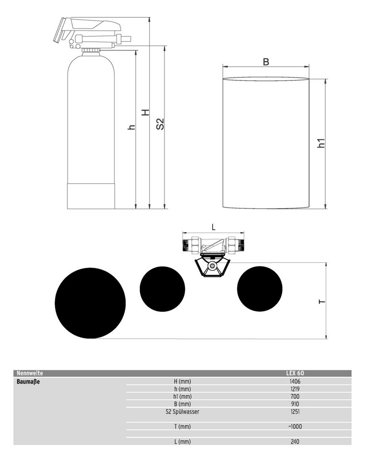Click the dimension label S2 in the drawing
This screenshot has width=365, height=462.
coord(160,124)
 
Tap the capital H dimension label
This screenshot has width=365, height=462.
coord(145,112)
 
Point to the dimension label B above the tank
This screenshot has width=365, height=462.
coord(266,62)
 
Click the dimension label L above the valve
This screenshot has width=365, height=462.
coord(214,227)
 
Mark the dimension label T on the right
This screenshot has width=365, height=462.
coord(322,302)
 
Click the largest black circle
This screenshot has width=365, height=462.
coord(90,303)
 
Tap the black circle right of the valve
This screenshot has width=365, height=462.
coord(260,289)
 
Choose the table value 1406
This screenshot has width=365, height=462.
coord(295,381)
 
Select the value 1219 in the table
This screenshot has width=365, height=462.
coord(295,389)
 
